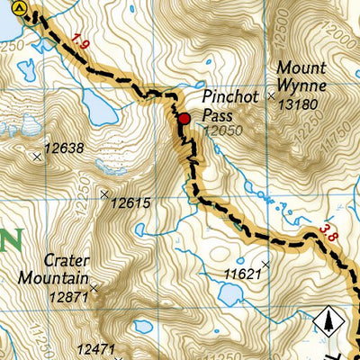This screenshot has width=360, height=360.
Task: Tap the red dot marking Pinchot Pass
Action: (184, 118)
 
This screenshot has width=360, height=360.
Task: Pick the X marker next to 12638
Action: (37, 157)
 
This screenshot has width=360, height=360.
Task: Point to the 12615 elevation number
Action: (131, 203)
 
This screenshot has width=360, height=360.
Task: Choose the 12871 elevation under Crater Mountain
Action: (71, 296)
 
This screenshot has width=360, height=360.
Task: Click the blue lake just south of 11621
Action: (229, 295)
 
